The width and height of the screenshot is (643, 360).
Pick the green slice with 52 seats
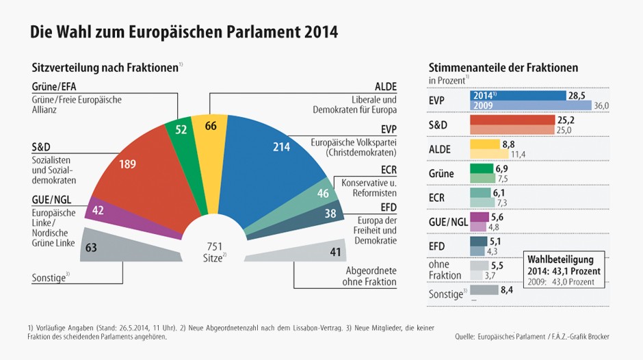coord(181,137)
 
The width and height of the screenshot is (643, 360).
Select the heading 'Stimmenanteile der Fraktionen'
coord(503,68)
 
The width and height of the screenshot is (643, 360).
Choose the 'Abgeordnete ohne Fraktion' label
coord(371,276)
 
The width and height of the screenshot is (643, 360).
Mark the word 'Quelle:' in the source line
coord(468,336)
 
